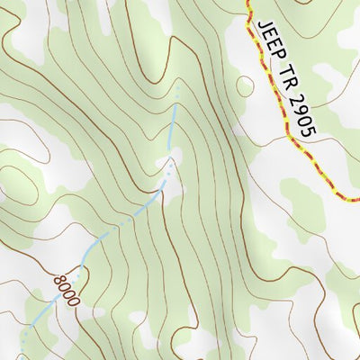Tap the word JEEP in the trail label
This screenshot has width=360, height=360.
269,39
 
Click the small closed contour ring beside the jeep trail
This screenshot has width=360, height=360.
244,86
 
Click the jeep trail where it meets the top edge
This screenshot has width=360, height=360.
247,3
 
